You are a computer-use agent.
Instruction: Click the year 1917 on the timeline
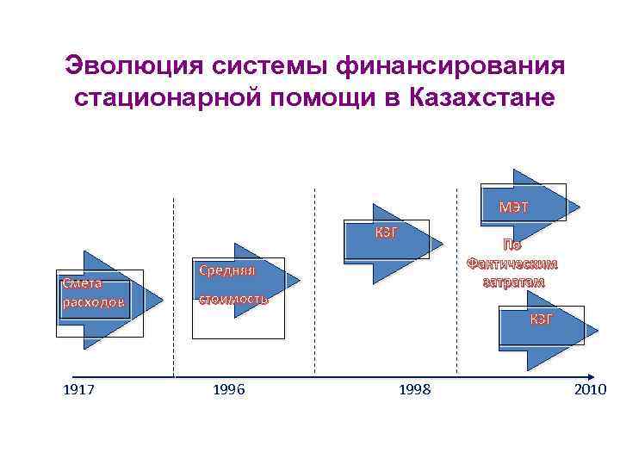[x=79, y=390]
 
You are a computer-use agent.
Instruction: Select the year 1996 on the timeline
[x=228, y=390]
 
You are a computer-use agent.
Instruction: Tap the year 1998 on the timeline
[x=416, y=390]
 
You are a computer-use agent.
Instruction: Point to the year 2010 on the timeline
[x=589, y=390]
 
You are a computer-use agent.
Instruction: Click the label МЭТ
[x=514, y=207]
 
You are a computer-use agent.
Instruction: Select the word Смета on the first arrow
[x=82, y=282]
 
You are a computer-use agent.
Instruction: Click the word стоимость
[x=233, y=300]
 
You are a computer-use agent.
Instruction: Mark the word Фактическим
[x=512, y=263]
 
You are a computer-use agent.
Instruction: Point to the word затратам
[x=512, y=282]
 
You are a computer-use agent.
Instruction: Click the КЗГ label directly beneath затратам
[x=542, y=319]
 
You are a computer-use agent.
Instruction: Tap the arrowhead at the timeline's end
[x=589, y=376]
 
